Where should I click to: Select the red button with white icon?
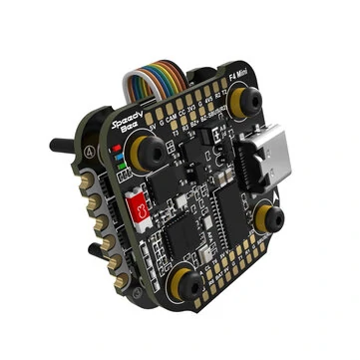click(x=143, y=210)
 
